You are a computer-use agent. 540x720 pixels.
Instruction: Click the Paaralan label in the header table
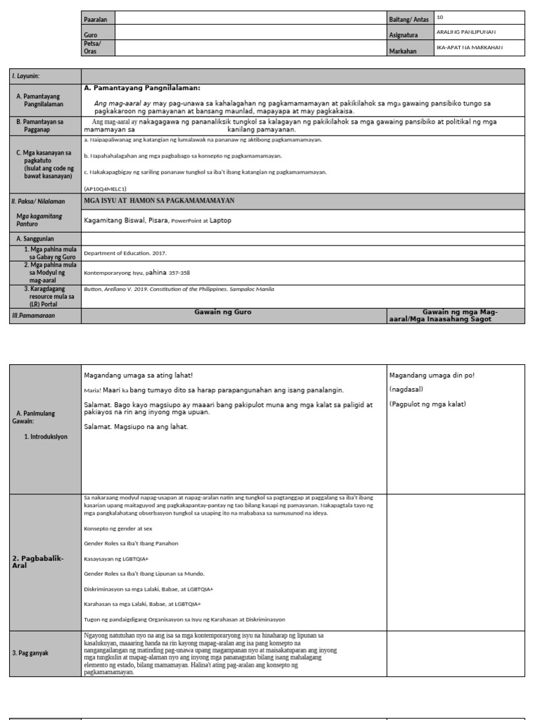(95, 19)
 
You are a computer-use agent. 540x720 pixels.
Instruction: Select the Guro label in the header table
(90, 34)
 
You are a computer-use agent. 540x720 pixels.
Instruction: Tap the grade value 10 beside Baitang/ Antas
(440, 16)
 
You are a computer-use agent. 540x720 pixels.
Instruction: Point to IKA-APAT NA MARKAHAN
(470, 48)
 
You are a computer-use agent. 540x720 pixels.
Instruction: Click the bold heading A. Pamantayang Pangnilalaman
(142, 88)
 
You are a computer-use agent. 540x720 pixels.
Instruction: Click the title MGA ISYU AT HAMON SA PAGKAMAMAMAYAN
(159, 200)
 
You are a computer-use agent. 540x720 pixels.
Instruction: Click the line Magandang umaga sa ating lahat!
(138, 375)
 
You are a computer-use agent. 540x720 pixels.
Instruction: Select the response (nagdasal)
(406, 389)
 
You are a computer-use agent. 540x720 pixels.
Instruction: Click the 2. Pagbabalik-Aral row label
(38, 560)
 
